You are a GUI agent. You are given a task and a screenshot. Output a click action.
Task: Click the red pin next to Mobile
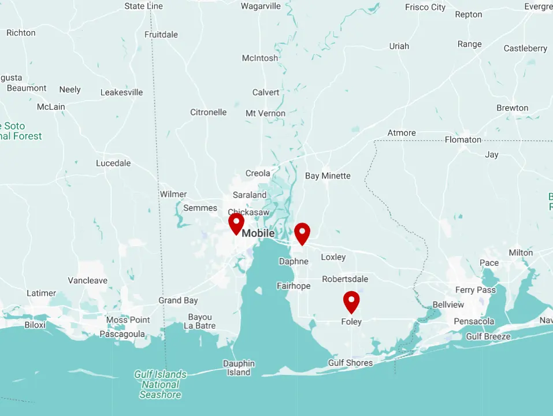236,223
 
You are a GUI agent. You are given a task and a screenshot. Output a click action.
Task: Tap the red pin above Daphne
302,233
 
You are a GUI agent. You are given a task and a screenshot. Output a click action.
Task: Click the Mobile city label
258,233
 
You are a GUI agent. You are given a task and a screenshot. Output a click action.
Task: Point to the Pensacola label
474,321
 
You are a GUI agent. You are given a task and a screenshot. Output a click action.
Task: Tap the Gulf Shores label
350,363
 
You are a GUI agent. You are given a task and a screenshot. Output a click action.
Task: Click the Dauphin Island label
239,368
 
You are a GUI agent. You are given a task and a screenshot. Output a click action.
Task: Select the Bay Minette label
328,176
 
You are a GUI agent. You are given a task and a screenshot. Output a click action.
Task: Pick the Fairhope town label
294,286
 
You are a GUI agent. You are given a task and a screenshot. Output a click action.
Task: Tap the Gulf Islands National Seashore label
160,384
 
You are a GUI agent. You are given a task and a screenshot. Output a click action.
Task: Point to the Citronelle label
208,112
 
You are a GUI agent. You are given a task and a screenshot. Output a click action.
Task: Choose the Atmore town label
402,133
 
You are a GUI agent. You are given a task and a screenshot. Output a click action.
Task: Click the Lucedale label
113,163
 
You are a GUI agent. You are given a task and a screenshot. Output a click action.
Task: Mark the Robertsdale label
345,279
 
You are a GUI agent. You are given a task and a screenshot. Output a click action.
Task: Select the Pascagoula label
122,334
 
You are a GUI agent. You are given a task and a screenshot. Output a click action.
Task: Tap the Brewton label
512,108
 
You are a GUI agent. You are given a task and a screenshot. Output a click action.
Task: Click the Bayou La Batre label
200,321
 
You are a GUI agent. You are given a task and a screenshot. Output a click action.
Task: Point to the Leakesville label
121,92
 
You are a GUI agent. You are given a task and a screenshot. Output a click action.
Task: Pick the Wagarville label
261,6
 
